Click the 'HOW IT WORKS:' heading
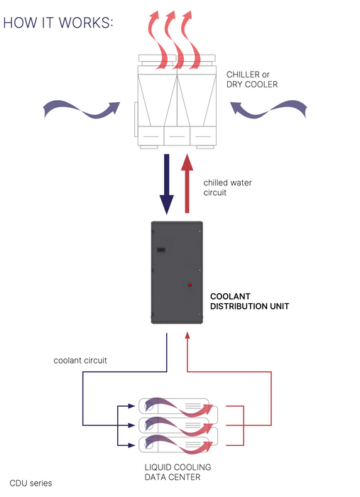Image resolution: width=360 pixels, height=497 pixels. (58, 23)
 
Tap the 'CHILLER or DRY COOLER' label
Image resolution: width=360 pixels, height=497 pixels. (252, 80)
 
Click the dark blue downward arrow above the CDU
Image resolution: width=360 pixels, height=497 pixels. (166, 184)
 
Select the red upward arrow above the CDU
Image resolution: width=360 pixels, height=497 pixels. (187, 183)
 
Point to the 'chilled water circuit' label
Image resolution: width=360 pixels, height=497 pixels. (227, 187)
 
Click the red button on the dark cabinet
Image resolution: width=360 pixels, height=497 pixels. (190, 285)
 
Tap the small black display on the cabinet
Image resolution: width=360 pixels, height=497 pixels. (161, 250)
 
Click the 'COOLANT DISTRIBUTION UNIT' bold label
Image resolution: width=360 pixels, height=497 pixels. (250, 302)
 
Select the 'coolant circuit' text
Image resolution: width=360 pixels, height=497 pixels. (80, 361)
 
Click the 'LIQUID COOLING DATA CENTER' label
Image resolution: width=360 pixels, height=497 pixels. (178, 472)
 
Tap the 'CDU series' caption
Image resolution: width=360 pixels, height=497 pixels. (31, 483)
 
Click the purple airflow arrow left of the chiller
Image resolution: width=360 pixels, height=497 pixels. (82, 110)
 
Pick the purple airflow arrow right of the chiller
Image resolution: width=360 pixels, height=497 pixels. (268, 110)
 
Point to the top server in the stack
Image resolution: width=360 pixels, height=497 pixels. (178, 406)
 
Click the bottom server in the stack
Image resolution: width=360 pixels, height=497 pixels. (178, 445)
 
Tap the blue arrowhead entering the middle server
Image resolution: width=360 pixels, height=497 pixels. (132, 425)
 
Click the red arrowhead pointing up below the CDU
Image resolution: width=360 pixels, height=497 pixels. (187, 335)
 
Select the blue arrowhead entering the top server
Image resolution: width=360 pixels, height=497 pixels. (132, 405)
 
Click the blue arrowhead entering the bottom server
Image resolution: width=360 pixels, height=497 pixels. (132, 445)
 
